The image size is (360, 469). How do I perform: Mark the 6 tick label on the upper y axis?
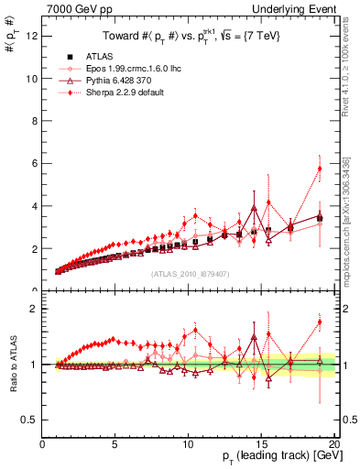click(x=34, y=163)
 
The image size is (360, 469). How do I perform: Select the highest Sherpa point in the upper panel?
click(x=320, y=169)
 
